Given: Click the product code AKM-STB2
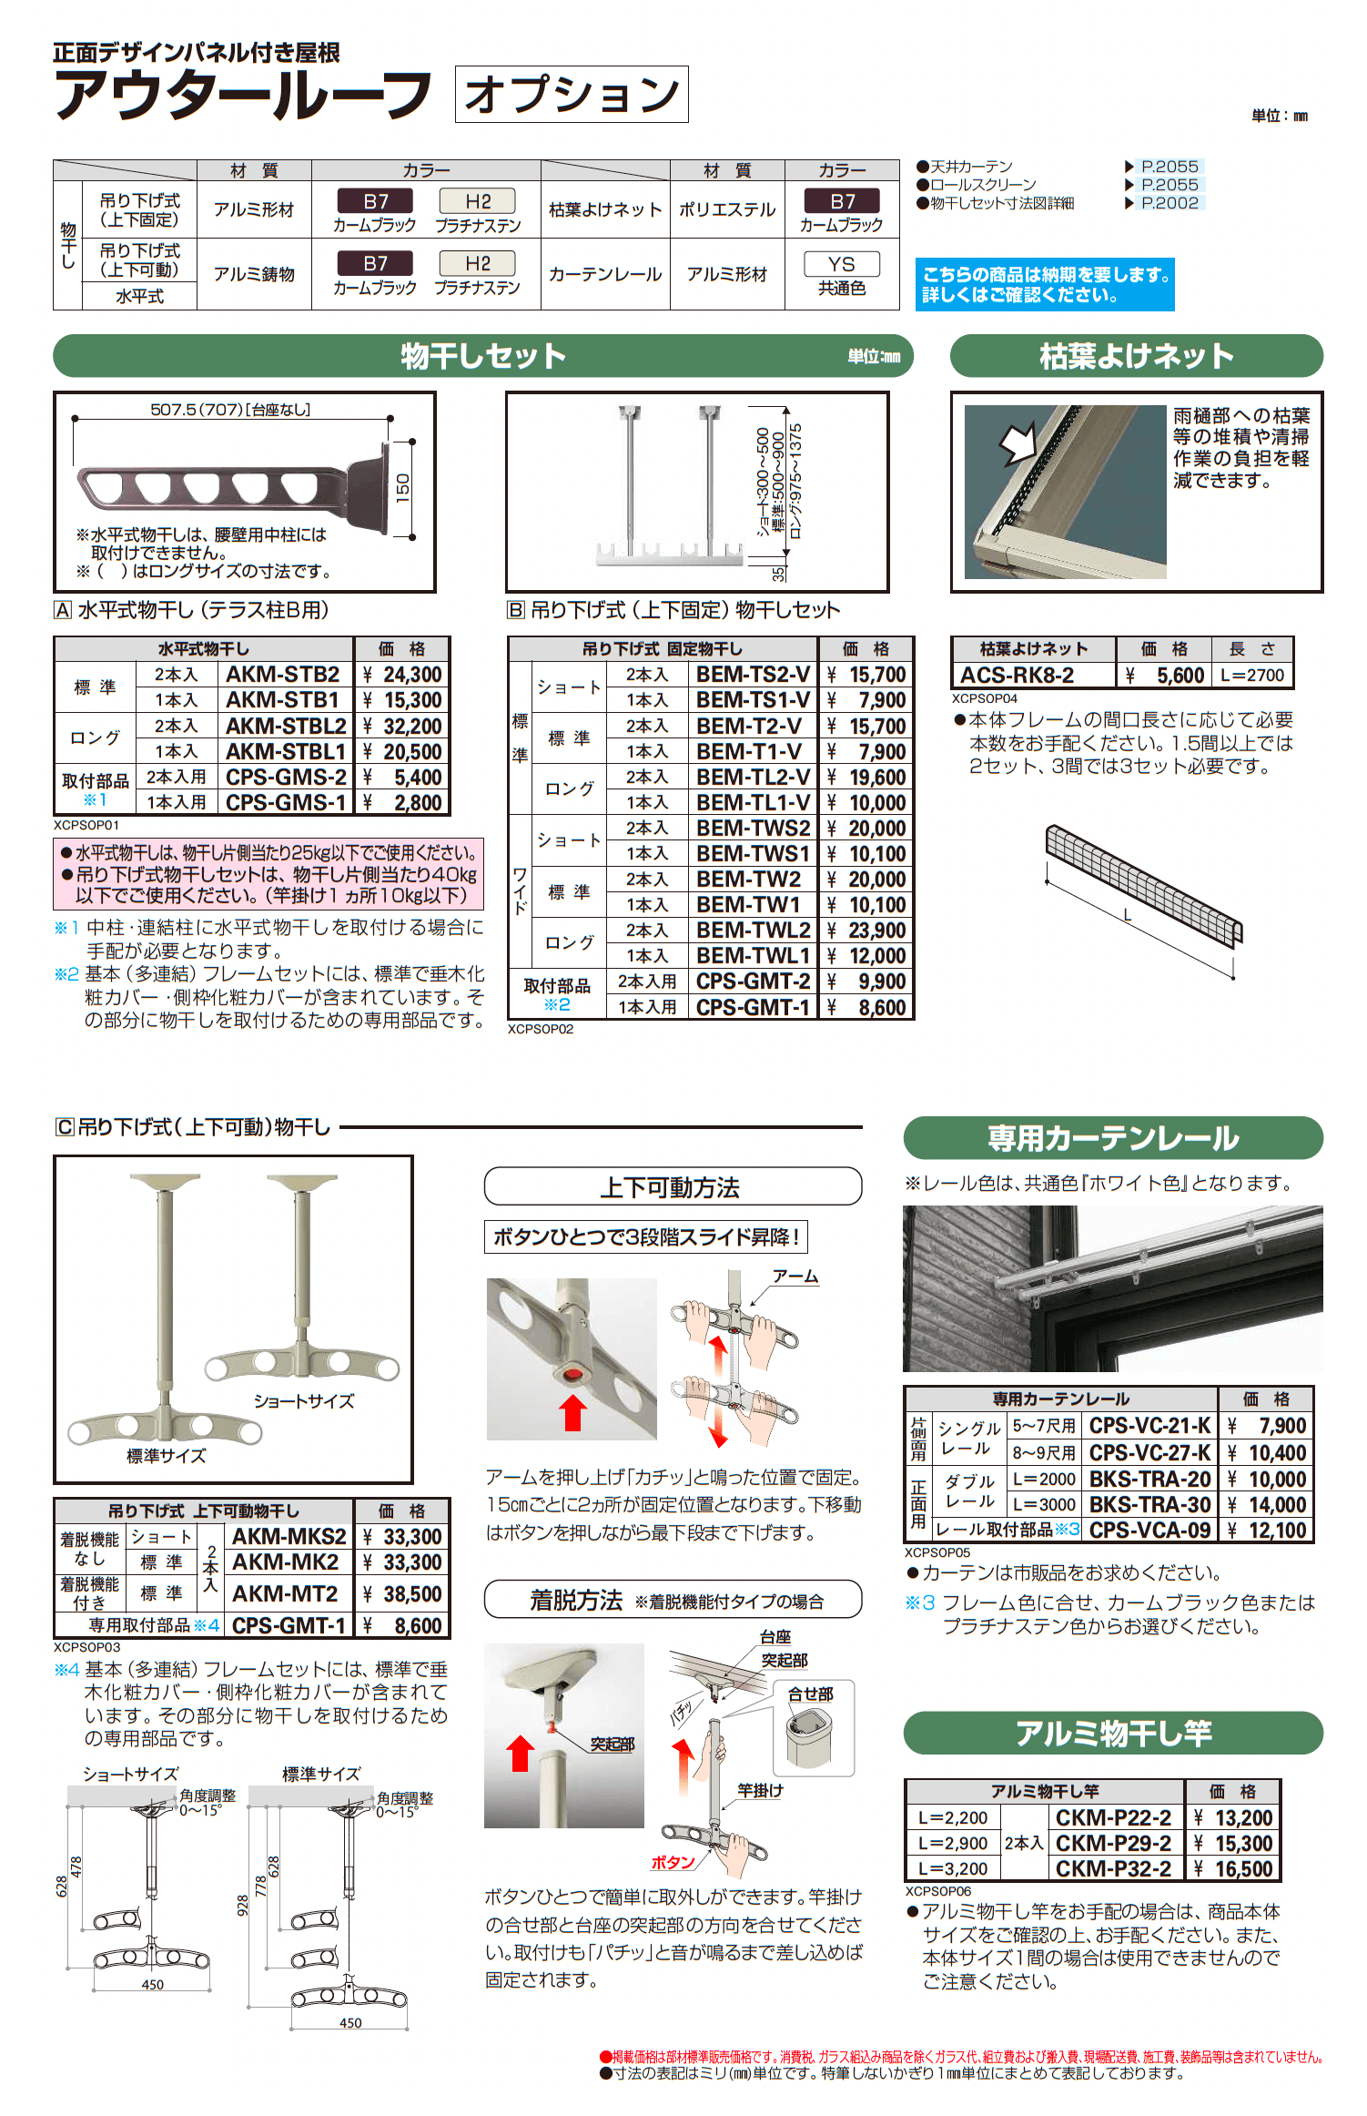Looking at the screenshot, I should coord(283,675).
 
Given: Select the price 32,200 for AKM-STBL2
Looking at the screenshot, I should coord(402,726).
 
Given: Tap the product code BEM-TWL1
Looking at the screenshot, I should coord(753,956).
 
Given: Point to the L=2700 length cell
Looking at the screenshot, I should coord(1252,676).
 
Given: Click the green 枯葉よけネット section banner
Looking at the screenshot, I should coord(1136,356).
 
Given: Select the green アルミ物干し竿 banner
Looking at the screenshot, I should coord(1112,1733).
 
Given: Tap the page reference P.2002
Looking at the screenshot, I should coord(1170,203).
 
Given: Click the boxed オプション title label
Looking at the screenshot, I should coord(572,94).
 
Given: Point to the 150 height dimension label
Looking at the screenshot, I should coord(402,488).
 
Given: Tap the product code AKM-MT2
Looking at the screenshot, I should coord(285,1594).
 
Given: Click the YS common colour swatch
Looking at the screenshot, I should coord(841,264).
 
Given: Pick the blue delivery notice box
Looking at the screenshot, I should coord(1044,285).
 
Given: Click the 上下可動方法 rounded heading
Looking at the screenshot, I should coord(672,1187).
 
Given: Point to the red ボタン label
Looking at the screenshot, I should coord(672,1863).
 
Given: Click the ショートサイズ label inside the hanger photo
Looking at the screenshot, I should coord(304,1401).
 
